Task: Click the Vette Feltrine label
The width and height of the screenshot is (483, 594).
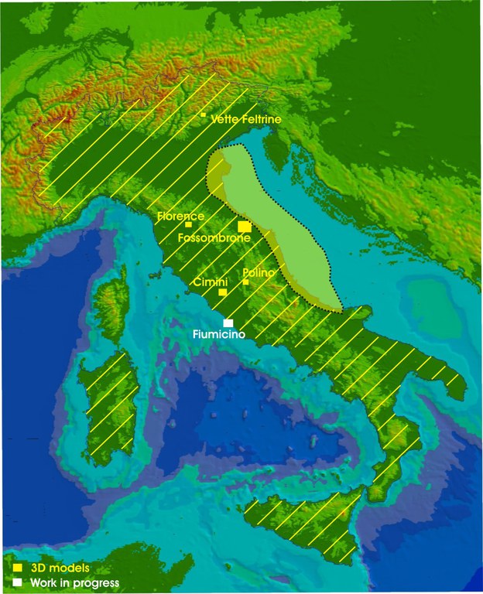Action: tap(245, 120)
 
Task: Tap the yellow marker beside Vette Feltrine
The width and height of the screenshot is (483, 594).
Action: tap(203, 115)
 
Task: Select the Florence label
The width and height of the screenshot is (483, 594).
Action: tap(180, 216)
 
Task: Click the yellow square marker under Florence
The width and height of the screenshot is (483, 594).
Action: tap(189, 225)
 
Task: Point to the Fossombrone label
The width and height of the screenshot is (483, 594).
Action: tap(214, 238)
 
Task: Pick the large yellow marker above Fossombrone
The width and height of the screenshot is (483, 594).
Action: tap(245, 226)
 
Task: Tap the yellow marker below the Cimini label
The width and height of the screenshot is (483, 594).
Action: tap(223, 292)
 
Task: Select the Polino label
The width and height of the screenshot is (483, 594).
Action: tap(259, 273)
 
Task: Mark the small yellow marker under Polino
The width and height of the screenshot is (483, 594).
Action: tap(246, 282)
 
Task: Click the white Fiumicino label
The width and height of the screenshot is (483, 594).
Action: tap(218, 334)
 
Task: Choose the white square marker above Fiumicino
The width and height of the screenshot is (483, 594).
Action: tap(228, 323)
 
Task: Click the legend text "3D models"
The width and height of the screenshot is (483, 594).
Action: tap(54, 568)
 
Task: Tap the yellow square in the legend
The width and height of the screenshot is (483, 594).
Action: tap(16, 568)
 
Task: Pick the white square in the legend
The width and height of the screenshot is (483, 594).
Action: tap(16, 582)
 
